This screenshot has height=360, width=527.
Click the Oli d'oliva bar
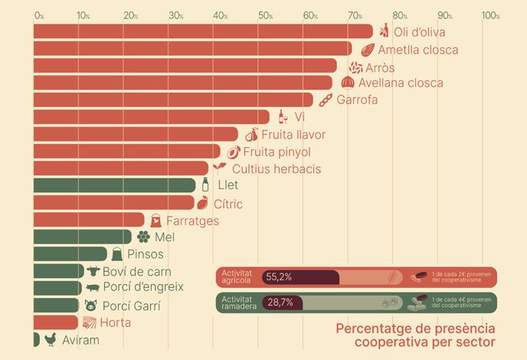tap(203, 31)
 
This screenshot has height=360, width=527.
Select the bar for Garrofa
tap(173, 100)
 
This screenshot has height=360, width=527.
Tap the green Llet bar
tap(114, 185)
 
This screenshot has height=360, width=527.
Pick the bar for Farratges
tap(89, 220)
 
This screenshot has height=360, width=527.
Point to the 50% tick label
tap(265, 16)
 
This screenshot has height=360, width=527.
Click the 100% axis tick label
tap(491, 16)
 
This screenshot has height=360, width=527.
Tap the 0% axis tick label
tap(39, 16)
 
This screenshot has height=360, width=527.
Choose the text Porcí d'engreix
tap(144, 287)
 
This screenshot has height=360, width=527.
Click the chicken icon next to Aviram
tap(51, 339)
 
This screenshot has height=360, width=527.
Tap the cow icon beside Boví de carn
tap(93, 271)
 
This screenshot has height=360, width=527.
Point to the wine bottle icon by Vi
tap(283, 116)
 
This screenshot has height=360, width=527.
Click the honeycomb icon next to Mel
tap(143, 237)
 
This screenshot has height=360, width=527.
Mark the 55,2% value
tap(280, 277)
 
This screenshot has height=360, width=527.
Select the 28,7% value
tap(280, 303)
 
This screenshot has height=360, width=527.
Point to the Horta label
tap(115, 322)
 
